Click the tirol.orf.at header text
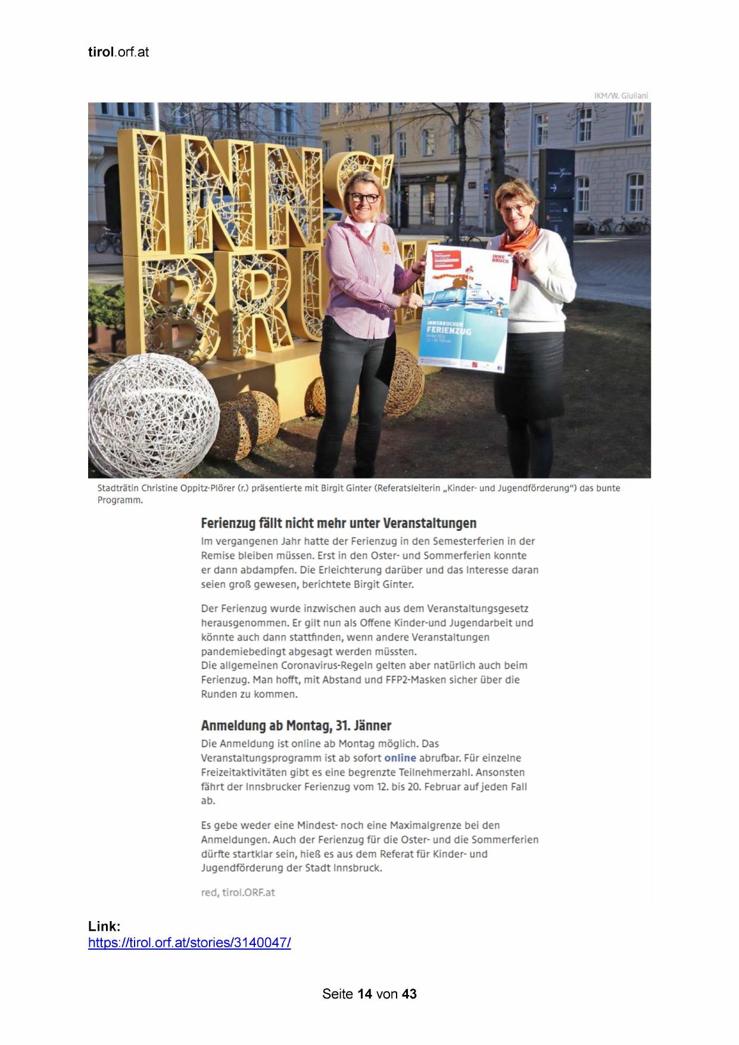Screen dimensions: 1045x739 [118, 52]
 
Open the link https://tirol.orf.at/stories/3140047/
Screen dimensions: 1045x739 [189, 943]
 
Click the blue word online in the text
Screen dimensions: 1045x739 [400, 758]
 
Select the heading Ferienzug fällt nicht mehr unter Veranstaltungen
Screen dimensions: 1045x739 [338, 523]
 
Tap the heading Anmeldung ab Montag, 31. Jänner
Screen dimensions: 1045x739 [296, 725]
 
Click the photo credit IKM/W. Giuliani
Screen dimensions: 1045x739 [620, 95]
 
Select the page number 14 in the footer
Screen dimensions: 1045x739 [364, 994]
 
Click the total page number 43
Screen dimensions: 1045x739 [409, 994]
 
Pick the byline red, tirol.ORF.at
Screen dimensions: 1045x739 [238, 892]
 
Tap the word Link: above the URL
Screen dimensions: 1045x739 [104, 926]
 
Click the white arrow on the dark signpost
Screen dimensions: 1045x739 [553, 188]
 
